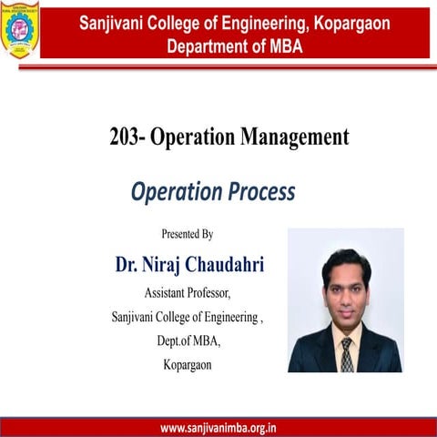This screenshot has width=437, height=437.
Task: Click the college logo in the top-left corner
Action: pyautogui.click(x=18, y=31)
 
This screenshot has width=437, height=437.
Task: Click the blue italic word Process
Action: pyautogui.click(x=262, y=192)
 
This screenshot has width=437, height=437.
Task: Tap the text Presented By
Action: pyautogui.click(x=188, y=234)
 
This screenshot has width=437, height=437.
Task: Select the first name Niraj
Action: pyautogui.click(x=162, y=265)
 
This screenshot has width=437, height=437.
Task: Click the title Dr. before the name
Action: pyautogui.click(x=127, y=265)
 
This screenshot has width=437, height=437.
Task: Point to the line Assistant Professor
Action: pyautogui.click(x=188, y=293)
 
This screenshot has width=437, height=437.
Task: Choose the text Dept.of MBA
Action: pyautogui.click(x=188, y=341)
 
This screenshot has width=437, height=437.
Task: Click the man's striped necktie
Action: pyautogui.click(x=347, y=353)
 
